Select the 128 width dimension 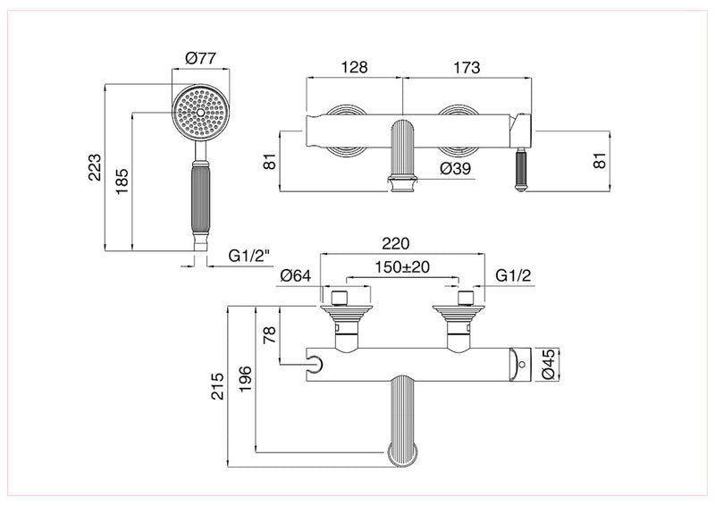[354, 68]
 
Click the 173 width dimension [467, 68]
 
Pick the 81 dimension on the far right [600, 160]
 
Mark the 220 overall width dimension [395, 243]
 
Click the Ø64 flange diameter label [294, 276]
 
